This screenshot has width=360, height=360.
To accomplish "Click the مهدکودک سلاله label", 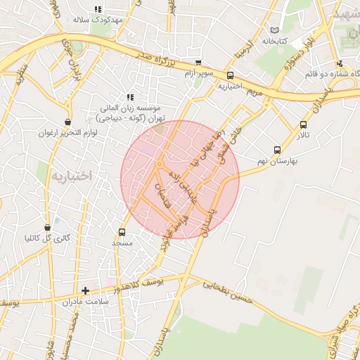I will (x=98, y=20).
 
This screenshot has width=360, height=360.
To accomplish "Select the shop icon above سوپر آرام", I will (x=198, y=63).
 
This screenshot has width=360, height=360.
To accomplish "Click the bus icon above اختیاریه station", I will (x=230, y=76).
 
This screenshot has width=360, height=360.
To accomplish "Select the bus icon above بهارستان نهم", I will (x=277, y=150).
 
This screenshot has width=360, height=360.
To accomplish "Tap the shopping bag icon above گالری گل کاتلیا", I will (x=47, y=228).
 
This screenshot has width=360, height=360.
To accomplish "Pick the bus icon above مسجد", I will (x=122, y=232).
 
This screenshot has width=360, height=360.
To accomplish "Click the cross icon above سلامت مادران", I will (x=85, y=290).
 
